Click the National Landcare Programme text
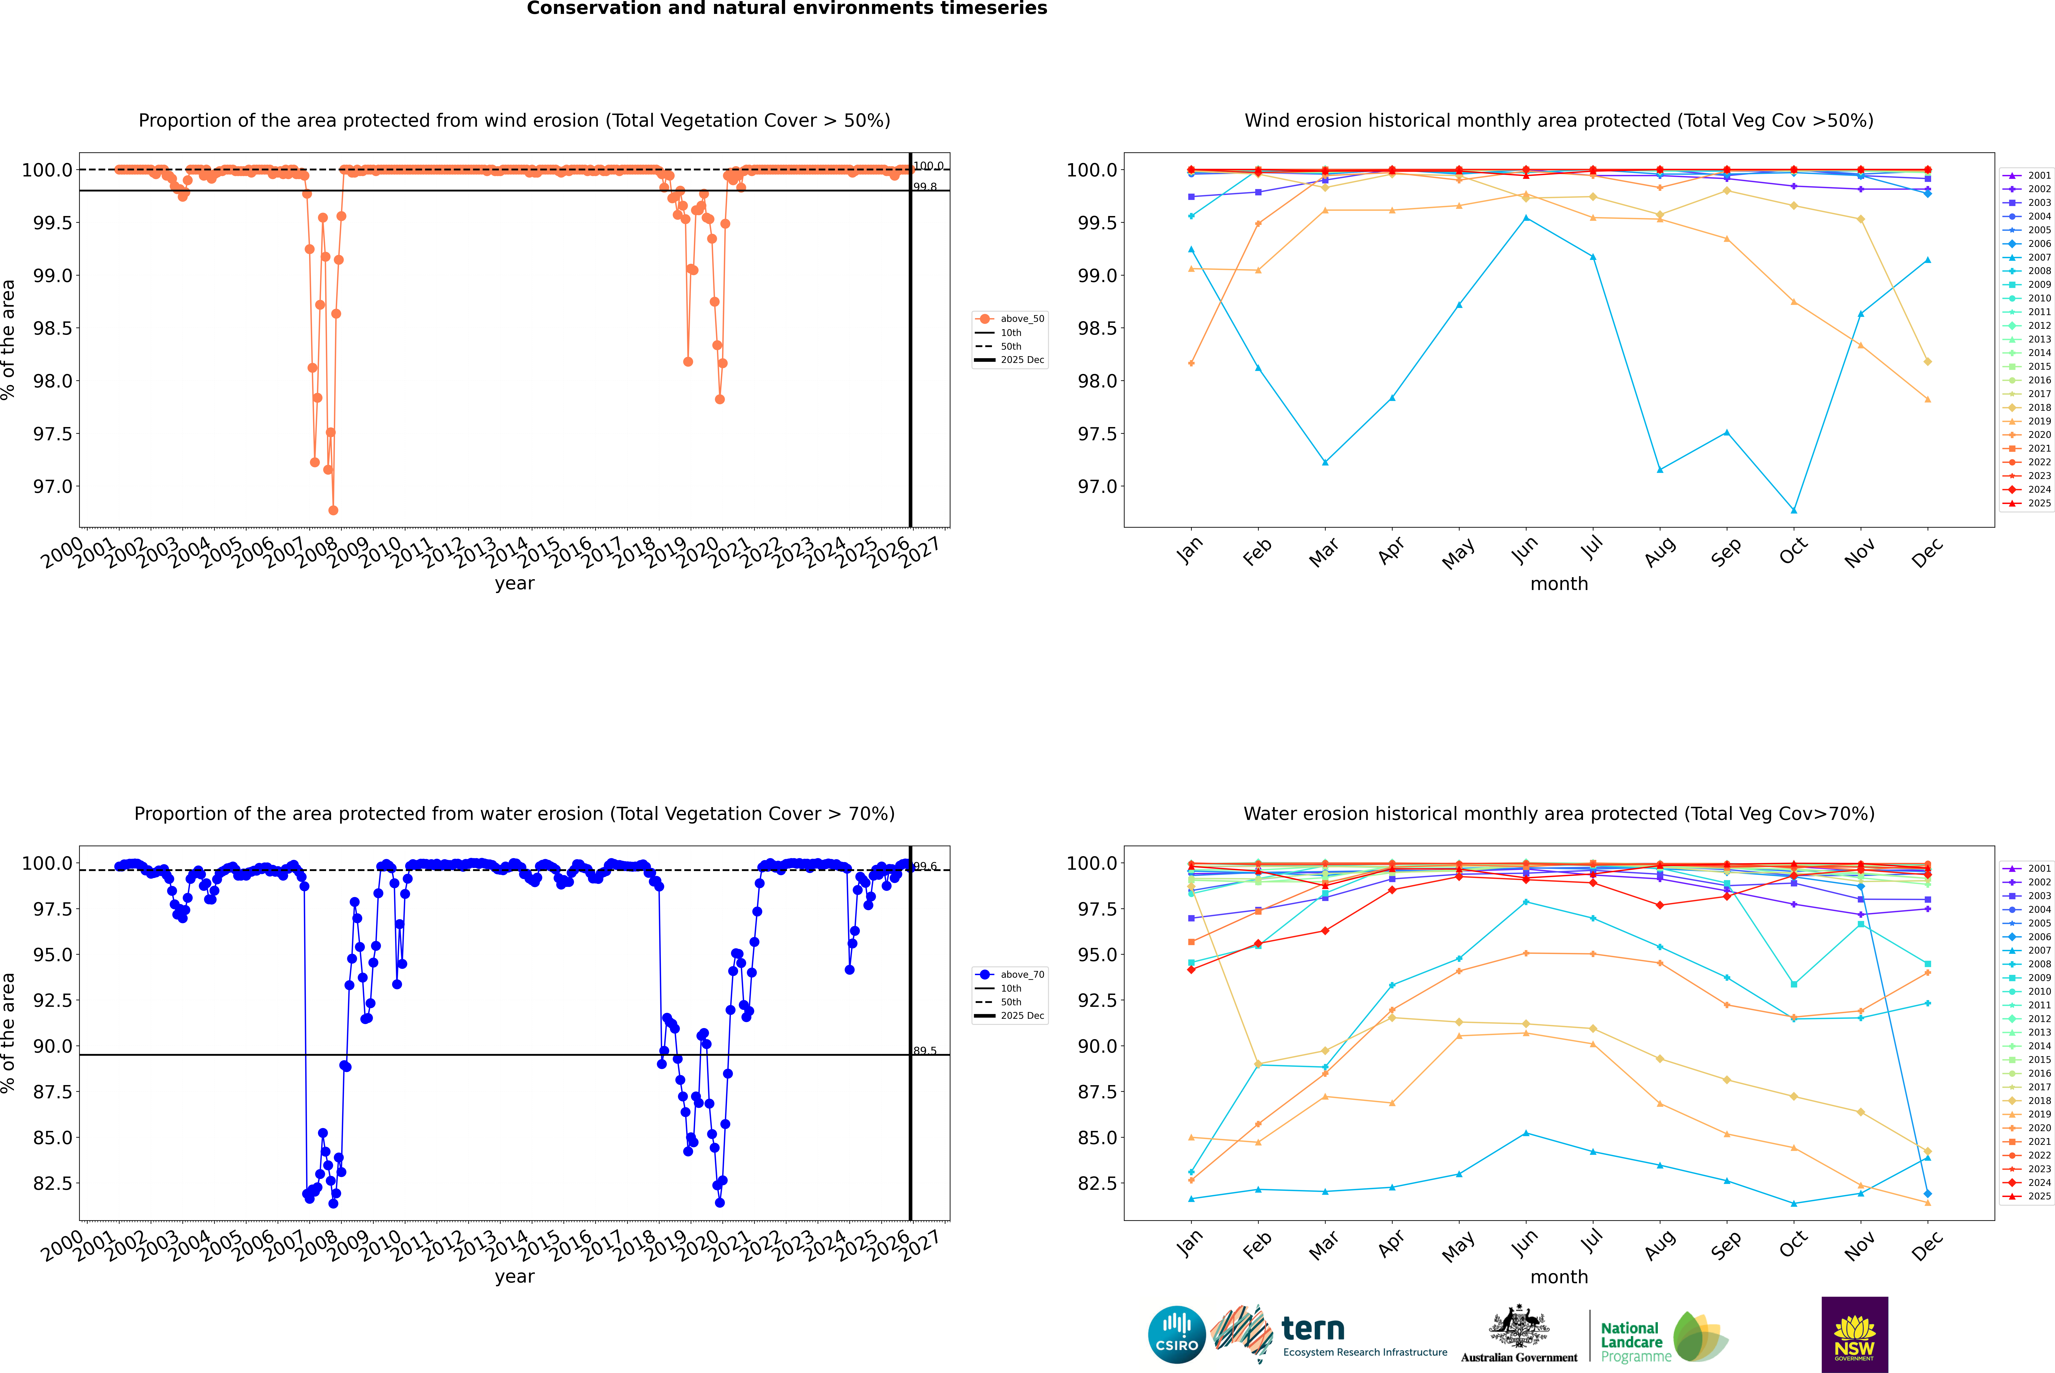point(1631,1341)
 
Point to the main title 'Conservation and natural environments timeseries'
point(787,9)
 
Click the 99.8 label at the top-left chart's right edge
point(925,186)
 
